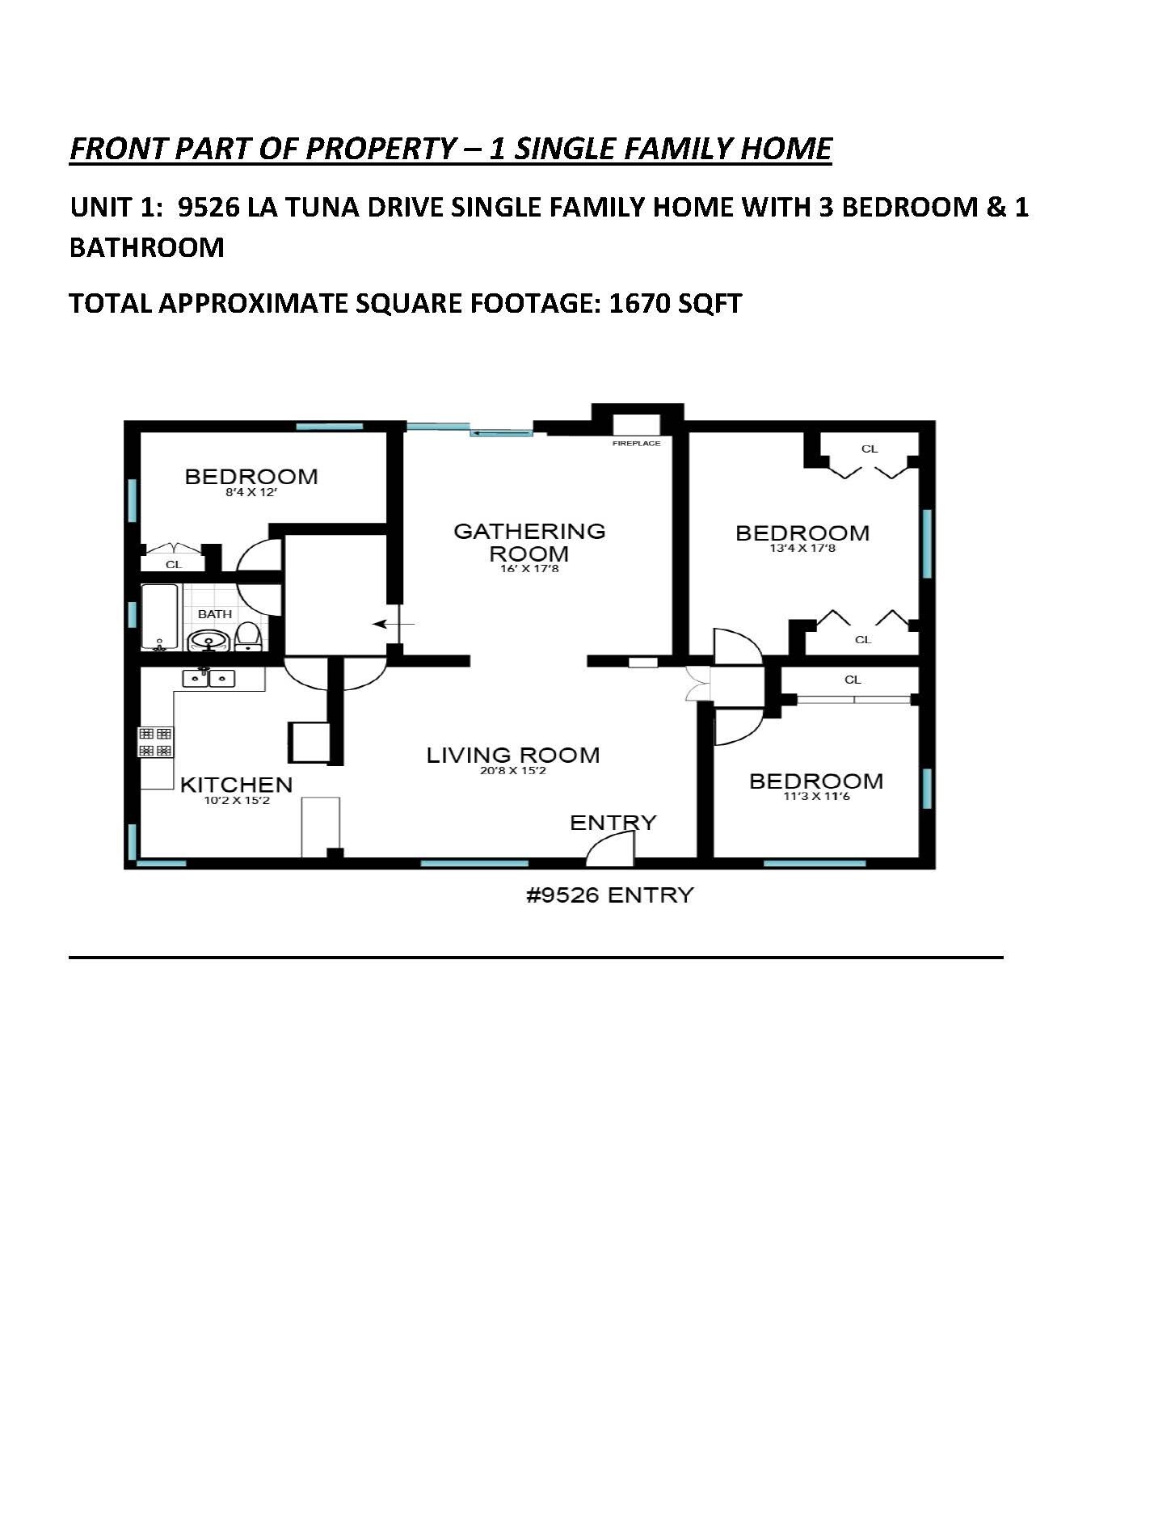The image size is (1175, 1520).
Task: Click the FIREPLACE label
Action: click(x=636, y=444)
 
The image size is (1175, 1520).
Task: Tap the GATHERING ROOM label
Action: click(x=529, y=542)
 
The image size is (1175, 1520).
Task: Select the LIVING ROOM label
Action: click(x=513, y=756)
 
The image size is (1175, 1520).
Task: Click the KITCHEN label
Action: click(x=236, y=785)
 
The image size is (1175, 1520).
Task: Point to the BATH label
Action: click(x=215, y=614)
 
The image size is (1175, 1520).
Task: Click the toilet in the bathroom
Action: click(x=248, y=636)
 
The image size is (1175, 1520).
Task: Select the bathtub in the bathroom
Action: click(x=160, y=617)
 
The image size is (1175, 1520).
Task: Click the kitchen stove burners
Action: click(x=156, y=742)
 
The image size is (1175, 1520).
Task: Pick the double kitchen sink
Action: click(x=208, y=678)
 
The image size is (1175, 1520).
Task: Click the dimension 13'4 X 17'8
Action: click(x=802, y=549)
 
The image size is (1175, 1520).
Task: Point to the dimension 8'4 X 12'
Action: click(x=251, y=492)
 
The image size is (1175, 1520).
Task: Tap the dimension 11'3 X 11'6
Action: click(x=816, y=797)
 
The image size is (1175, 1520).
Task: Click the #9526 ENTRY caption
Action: click(x=610, y=895)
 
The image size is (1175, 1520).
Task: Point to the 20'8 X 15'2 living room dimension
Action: click(x=513, y=771)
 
